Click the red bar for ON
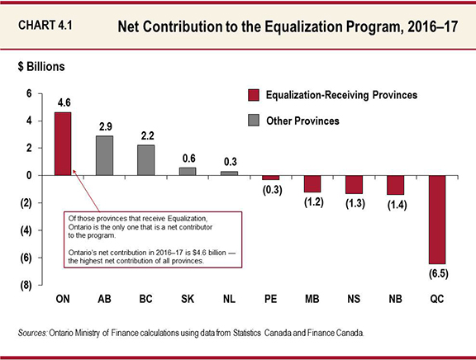tap(62, 144)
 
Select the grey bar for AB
tap(105, 155)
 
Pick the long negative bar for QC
tap(436, 220)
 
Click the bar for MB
tap(312, 183)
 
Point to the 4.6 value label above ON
tap(64, 103)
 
